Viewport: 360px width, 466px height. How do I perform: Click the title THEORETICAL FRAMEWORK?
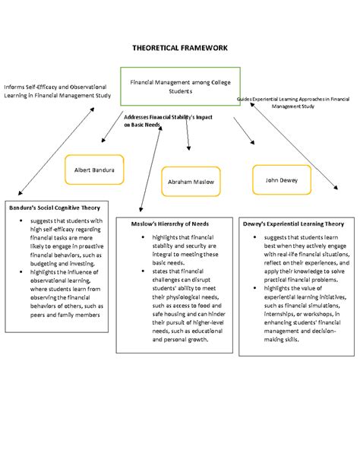179,47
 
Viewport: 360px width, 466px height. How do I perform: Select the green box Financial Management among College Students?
181,86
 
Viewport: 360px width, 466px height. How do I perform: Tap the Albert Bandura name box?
94,170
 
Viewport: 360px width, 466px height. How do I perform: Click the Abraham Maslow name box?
191,182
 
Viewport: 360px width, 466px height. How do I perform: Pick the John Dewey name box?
281,180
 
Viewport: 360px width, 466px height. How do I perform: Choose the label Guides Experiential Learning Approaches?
293,103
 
